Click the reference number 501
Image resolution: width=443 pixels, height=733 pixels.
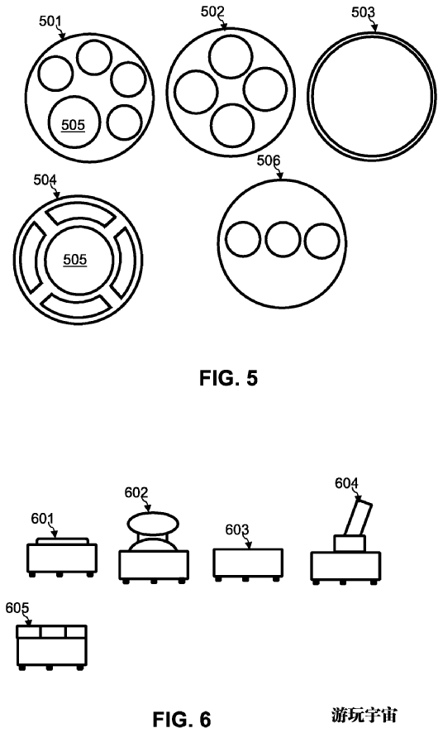pos(50,21)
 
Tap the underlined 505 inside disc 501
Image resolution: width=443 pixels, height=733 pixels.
pos(74,125)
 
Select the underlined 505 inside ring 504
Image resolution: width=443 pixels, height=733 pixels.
pos(75,260)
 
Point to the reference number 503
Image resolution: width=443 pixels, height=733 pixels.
pos(363,12)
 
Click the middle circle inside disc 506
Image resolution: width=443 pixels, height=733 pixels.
pos(283,239)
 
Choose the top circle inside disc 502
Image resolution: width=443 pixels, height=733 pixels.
pos(231,56)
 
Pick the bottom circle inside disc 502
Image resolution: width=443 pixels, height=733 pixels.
pos(232,126)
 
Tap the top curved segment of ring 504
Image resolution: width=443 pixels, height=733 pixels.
pos(79,213)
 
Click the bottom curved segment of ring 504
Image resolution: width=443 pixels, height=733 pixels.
pos(76,307)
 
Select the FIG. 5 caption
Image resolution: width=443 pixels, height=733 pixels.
pos(229,378)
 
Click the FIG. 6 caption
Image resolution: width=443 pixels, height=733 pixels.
pos(182,718)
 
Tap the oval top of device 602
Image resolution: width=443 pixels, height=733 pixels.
pos(153,523)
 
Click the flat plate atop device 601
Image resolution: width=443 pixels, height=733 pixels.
pos(62,541)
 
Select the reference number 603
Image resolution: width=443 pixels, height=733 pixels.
pos(237,529)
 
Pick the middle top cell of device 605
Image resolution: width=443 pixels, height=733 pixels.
pos(53,633)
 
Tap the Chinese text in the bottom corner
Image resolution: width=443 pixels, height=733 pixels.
pos(364,715)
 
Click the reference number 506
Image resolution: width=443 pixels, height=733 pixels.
pos(269,160)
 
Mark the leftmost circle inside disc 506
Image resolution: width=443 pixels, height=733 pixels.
pos(243,239)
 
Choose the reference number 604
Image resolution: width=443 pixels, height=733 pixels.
pos(346,483)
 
